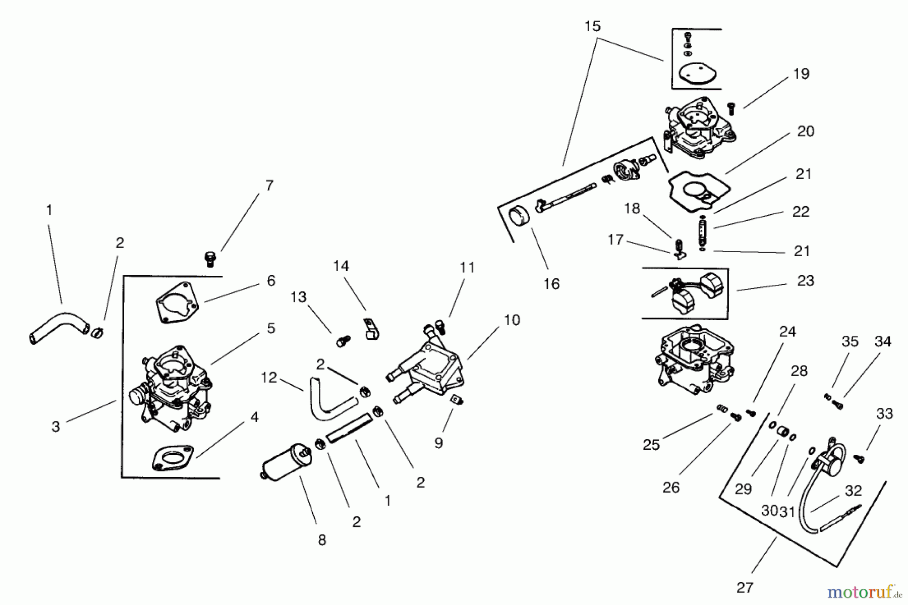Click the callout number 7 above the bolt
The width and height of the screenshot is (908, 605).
(x=269, y=186)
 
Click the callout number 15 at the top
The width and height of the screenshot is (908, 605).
(x=593, y=26)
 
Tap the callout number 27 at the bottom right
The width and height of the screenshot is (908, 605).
(x=745, y=587)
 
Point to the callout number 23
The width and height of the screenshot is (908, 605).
(x=806, y=280)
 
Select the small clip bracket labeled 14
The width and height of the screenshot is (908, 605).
(x=371, y=329)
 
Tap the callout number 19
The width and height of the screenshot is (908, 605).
(x=801, y=74)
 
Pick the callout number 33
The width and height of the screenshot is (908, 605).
(x=884, y=414)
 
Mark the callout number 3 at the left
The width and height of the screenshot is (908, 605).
(x=56, y=427)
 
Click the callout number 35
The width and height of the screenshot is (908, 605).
(x=849, y=341)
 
